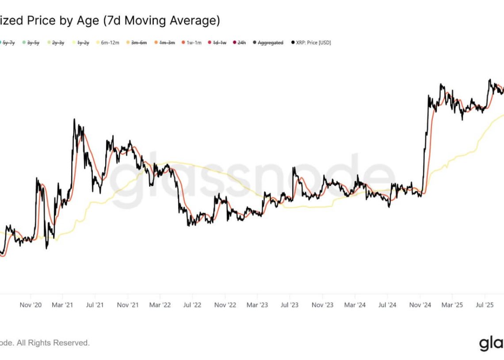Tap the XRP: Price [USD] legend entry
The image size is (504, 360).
311,42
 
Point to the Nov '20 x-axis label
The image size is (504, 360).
31,305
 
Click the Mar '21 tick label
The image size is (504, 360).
63,305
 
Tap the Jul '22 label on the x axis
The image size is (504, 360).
192,305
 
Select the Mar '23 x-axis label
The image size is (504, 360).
257,305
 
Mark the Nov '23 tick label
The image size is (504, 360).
323,305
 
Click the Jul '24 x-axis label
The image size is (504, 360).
388,305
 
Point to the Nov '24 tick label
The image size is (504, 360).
420,305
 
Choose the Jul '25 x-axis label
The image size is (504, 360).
485,305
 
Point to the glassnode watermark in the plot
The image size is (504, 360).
252,177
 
